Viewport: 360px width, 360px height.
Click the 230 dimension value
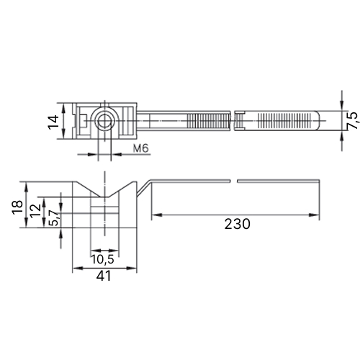click(x=237, y=224)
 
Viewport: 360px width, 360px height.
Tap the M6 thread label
click(x=141, y=148)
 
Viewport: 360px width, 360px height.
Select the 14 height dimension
click(x=53, y=122)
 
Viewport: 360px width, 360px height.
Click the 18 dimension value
click(x=18, y=207)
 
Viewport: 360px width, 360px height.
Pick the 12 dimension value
click(x=36, y=211)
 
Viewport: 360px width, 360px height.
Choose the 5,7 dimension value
click(x=54, y=218)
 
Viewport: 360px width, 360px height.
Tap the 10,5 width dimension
click(x=102, y=259)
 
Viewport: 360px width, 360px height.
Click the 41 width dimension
click(x=104, y=276)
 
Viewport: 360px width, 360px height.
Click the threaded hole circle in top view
click(x=104, y=120)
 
